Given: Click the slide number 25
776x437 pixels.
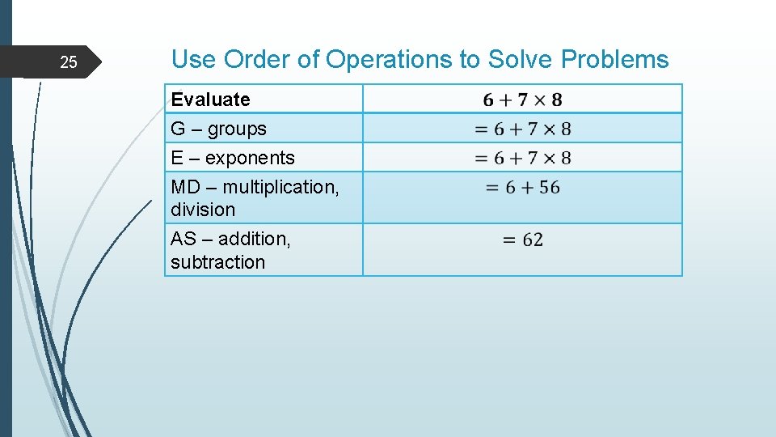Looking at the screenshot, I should point(70,62).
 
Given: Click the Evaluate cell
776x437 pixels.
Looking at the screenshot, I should point(210,100).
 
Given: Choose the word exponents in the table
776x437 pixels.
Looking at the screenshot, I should point(250,158).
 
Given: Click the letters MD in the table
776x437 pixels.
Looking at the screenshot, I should point(185,187).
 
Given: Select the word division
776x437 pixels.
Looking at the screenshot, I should point(203,210).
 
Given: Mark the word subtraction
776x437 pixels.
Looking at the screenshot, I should point(217,262).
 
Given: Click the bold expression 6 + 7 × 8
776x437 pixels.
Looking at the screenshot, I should point(522,100).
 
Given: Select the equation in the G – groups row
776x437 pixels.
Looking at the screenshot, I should point(522,129).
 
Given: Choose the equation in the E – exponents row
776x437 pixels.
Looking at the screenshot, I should point(522,158).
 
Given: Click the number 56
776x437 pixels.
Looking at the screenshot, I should point(549,188).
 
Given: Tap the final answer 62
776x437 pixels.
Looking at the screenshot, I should point(533,240).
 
